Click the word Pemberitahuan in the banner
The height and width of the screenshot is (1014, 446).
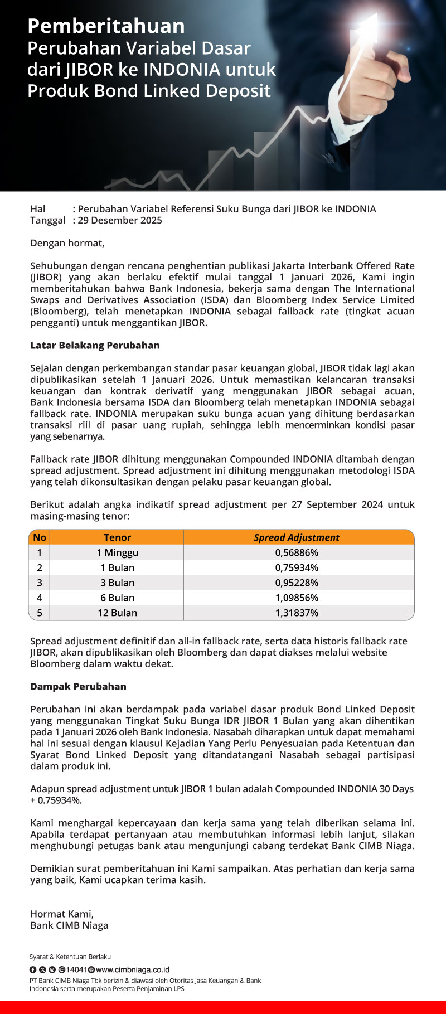tap(106, 26)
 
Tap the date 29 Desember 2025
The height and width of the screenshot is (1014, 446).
tap(120, 220)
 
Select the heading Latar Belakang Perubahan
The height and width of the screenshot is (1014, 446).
tap(95, 346)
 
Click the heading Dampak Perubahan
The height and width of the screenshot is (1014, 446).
tap(78, 687)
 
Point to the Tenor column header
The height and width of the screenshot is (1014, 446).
tap(117, 537)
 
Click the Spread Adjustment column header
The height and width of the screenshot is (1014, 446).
tap(297, 537)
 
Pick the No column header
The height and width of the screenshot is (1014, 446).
tap(40, 537)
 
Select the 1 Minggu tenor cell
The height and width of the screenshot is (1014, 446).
tap(117, 552)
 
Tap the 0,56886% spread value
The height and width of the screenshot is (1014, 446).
tap(297, 552)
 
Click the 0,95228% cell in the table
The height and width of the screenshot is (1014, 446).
tap(297, 583)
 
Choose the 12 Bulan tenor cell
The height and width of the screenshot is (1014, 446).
tap(117, 613)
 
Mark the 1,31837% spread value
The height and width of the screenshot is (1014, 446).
tap(297, 613)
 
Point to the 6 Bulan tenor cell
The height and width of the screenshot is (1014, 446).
tap(117, 598)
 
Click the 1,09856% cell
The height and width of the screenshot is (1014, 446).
tap(297, 598)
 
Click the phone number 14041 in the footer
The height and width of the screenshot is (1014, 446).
tap(77, 970)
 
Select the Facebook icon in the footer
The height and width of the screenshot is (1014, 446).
tap(33, 970)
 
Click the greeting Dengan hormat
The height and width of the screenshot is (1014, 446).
tap(67, 243)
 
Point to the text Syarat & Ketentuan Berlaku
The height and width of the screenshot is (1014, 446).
tap(70, 957)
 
